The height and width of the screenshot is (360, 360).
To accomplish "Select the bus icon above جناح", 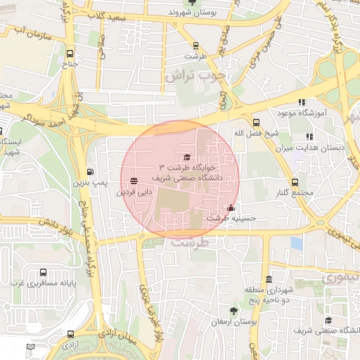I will (x=70, y=54).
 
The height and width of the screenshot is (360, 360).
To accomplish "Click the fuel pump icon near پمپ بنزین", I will (x=90, y=172).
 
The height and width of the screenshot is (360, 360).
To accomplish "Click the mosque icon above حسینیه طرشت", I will (x=231, y=208).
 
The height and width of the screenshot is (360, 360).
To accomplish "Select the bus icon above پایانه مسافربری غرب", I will (x=44, y=272).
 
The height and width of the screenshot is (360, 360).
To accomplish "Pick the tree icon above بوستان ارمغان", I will (x=233, y=310).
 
